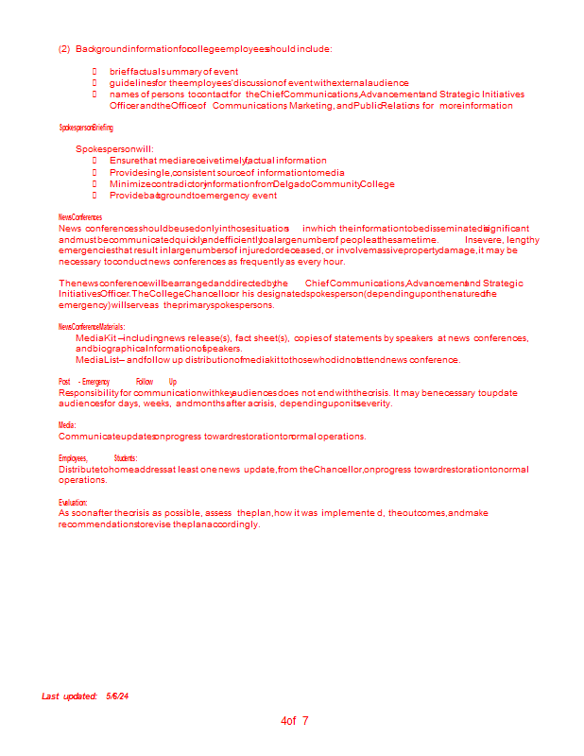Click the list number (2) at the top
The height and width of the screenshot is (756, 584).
[x=64, y=49]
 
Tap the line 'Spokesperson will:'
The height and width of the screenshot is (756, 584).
[x=114, y=149]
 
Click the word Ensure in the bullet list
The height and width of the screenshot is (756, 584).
[x=125, y=161]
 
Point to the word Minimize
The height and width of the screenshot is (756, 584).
[x=130, y=184]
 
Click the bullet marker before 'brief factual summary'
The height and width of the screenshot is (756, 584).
[x=94, y=72]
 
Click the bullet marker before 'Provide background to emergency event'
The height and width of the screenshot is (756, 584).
[x=94, y=196]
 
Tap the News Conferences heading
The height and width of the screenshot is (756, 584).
[x=80, y=217]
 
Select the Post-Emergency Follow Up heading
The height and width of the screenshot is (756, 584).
[x=117, y=382]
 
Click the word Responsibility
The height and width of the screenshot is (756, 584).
[x=89, y=392]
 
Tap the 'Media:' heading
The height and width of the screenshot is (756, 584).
[x=67, y=426]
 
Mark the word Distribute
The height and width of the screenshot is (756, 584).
[x=79, y=470]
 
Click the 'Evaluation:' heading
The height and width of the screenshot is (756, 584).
[x=73, y=503]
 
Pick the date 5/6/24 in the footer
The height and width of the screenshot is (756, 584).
[x=117, y=696]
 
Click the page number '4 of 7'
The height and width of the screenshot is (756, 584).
[x=295, y=721]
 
